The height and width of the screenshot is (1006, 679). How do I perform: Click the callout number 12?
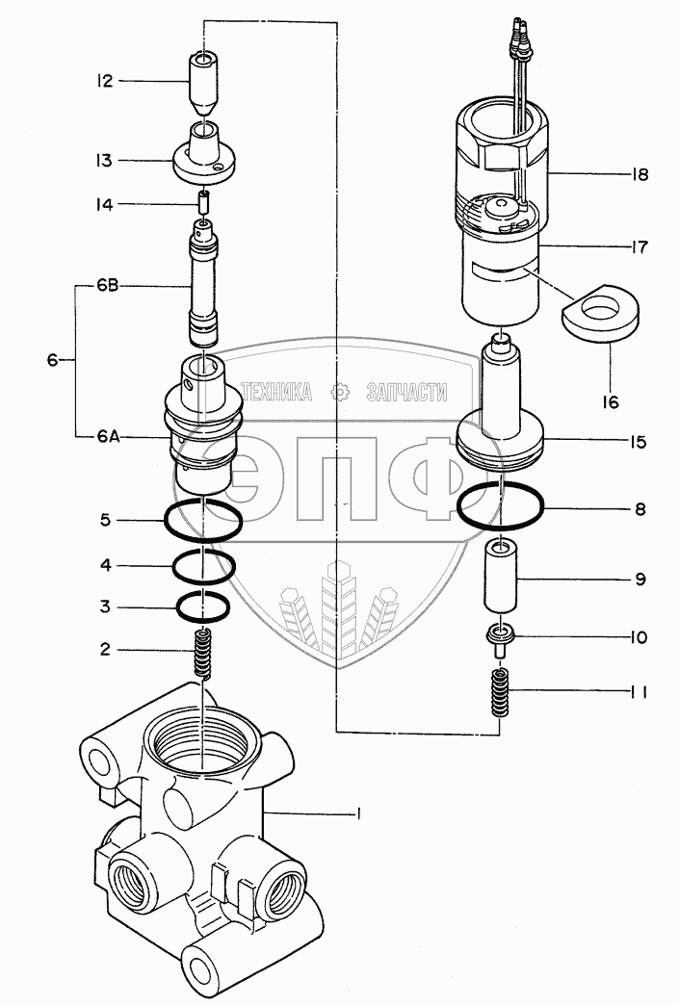coord(105,81)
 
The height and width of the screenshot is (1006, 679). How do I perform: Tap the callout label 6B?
coord(108,287)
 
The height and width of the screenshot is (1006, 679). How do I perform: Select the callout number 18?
coord(639,174)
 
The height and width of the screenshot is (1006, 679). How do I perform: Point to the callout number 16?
coord(610,402)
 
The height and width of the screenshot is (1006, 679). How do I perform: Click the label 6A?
coord(109,437)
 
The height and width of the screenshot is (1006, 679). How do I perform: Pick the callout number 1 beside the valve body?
coord(358,814)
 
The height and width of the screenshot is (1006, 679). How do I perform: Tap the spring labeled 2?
coord(203,653)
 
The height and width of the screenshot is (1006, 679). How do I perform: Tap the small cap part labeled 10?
coord(499,639)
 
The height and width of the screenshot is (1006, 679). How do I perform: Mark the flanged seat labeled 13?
coord(204,156)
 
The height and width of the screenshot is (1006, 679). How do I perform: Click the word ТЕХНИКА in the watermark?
coord(276,392)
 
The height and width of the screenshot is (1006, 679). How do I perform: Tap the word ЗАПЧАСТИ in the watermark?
coord(406,392)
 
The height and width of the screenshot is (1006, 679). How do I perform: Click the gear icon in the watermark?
coord(339,392)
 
